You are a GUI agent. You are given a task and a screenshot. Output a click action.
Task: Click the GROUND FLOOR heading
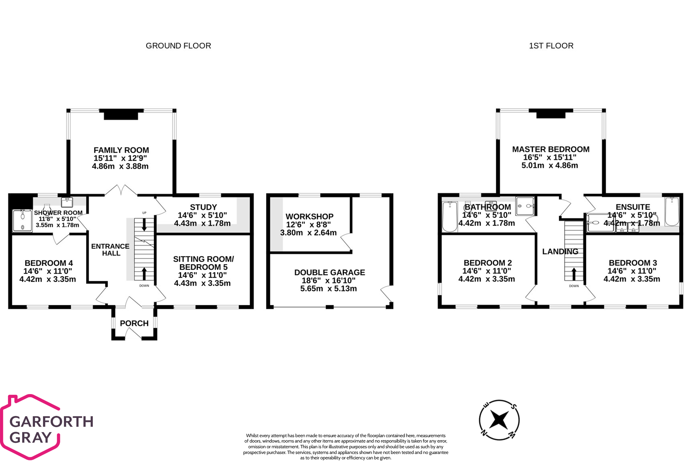pos(178,46)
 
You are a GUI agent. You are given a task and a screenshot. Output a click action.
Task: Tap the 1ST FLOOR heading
pos(551,46)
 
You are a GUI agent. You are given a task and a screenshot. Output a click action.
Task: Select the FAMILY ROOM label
pos(121,150)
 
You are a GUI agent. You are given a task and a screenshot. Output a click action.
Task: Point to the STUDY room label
pos(203,207)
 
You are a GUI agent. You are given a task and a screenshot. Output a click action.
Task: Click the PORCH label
pos(134,323)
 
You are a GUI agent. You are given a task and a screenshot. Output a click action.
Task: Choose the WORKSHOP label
pos(309,217)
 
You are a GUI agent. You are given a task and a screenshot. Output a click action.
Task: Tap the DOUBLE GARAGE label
pos(329,272)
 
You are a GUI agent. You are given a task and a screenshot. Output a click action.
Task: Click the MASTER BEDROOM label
pos(551,149)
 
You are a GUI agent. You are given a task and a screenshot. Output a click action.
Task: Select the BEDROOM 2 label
pos(487,263)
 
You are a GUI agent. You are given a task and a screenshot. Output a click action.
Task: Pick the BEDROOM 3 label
pos(633,263)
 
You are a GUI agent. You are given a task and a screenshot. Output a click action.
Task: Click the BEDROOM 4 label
pos(49,263)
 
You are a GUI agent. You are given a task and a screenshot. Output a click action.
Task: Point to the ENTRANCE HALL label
pos(110,249)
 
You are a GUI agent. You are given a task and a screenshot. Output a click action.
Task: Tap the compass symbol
pos(499,420)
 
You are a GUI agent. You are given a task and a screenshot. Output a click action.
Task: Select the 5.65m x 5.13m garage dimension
pos(328,289)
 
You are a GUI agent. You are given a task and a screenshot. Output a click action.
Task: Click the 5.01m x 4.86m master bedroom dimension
pos(550,165)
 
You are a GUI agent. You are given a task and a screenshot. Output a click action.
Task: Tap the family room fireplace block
pos(121,115)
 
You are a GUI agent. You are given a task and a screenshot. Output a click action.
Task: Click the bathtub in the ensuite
pos(672,212)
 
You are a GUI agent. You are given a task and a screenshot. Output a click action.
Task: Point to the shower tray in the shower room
pos(22,221)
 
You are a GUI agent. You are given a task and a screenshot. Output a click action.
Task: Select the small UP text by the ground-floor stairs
pos(144,213)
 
